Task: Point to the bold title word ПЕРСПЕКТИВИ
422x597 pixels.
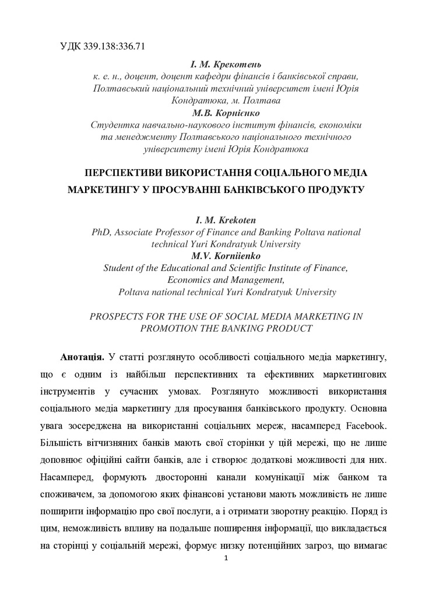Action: click(x=122, y=173)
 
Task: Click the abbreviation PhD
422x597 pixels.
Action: click(x=101, y=232)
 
